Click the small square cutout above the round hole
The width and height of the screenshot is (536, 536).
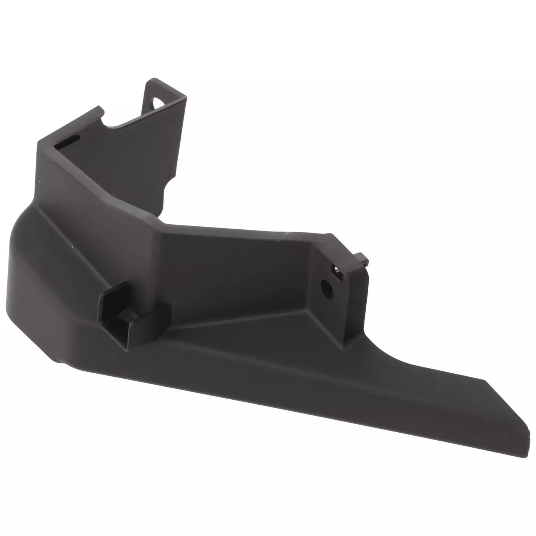[x=335, y=270]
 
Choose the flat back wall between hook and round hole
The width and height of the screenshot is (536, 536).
[x=230, y=276]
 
